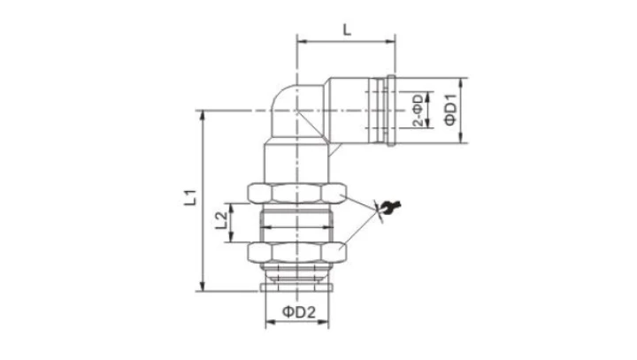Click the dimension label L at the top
point(347,30)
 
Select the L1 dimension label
point(190,197)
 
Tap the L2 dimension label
point(221,220)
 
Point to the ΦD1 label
point(450,110)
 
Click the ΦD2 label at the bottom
point(299,312)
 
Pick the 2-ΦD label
point(418,110)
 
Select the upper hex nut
point(297,193)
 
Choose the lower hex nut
point(297,252)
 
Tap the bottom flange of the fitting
point(297,287)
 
